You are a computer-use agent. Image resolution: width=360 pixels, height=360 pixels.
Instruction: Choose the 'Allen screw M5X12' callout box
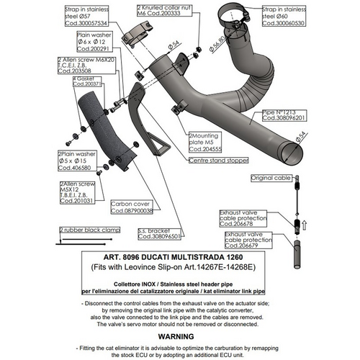(x=76, y=193)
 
